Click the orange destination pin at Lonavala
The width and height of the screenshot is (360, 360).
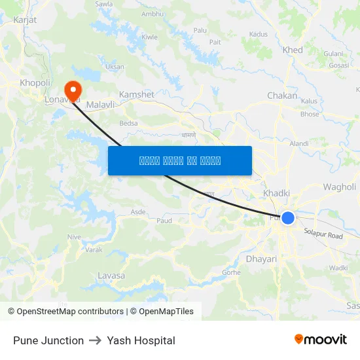tap(71, 90)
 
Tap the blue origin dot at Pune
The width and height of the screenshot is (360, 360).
tap(288, 218)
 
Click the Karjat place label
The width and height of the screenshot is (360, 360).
tap(24, 20)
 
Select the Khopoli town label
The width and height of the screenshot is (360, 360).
tap(35, 82)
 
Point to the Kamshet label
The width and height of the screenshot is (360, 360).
tap(136, 94)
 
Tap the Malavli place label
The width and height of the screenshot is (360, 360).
tap(101, 104)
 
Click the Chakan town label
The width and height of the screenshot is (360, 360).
tap(282, 96)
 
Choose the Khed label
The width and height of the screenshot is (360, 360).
tap(293, 50)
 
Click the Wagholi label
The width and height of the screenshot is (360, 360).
tap(339, 187)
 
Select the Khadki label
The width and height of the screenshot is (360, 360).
tap(276, 193)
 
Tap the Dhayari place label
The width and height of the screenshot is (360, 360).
tap(261, 259)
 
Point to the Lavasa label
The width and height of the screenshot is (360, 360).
tap(111, 276)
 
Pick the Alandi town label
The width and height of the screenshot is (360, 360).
tap(298, 143)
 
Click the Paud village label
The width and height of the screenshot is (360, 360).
tap(164, 221)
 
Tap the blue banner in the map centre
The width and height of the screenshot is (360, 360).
tap(179, 160)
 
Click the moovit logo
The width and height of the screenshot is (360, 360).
tap(320, 340)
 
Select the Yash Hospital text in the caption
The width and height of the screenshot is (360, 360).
tap(141, 340)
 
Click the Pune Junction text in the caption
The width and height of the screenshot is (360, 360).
tap(48, 340)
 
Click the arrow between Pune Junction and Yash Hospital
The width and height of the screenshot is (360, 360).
tap(95, 340)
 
